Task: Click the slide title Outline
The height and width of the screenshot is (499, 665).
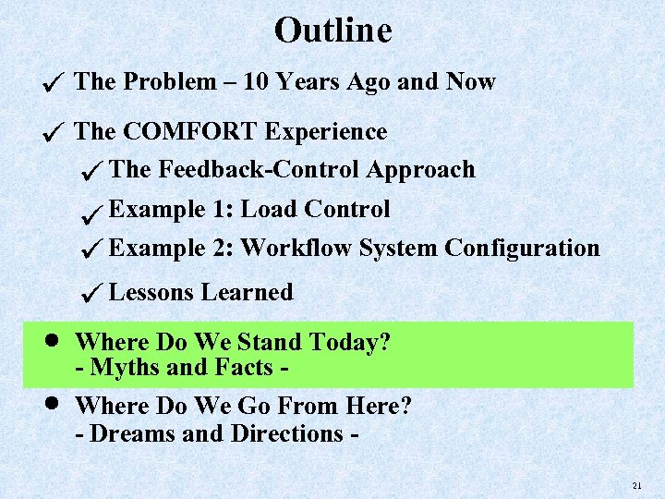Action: [332, 30]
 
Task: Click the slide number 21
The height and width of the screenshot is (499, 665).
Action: [636, 485]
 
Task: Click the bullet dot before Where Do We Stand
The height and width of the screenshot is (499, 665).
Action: [54, 340]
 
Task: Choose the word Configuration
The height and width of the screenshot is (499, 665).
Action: [522, 248]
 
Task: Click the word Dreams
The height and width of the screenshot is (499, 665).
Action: [133, 432]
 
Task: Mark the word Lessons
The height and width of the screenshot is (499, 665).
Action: [151, 293]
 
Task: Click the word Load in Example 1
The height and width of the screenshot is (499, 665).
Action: [269, 210]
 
